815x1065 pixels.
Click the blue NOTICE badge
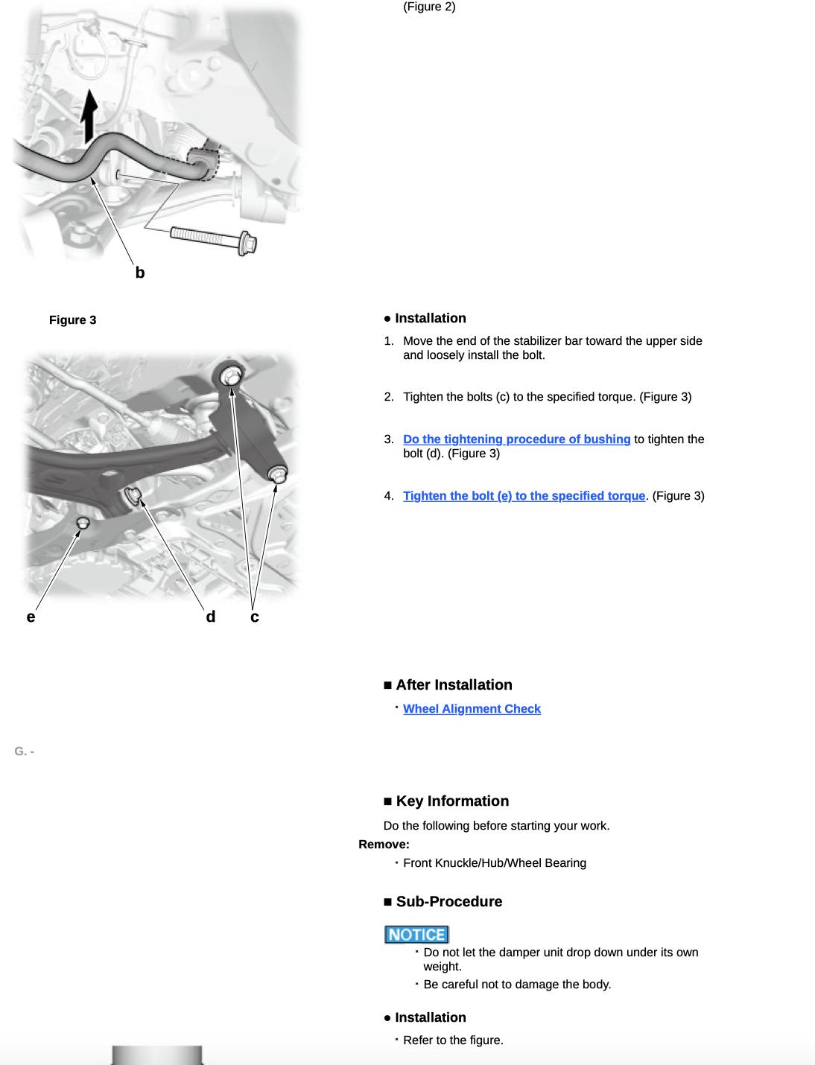tap(416, 935)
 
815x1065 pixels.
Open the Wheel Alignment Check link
tap(472, 709)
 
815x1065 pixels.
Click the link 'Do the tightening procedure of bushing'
tap(516, 439)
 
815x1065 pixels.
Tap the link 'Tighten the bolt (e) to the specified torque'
tap(524, 496)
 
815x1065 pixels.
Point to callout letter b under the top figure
tap(140, 273)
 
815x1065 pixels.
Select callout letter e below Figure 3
tap(31, 617)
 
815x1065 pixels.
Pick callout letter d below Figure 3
tap(211, 617)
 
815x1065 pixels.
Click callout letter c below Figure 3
tap(255, 617)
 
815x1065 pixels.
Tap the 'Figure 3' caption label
tap(72, 320)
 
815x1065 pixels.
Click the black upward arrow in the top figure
tap(89, 115)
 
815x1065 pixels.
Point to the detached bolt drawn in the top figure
tap(214, 238)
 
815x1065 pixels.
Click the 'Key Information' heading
tap(451, 801)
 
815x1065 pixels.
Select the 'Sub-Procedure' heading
tap(448, 902)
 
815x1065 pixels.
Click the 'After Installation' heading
tap(453, 685)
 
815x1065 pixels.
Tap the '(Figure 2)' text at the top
tap(429, 7)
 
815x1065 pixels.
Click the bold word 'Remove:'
tap(384, 845)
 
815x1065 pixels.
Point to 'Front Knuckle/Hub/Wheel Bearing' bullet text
tap(494, 863)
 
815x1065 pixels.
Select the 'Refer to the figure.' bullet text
tap(453, 1040)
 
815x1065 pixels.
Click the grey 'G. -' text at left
tap(24, 751)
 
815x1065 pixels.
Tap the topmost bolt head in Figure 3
tap(231, 377)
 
